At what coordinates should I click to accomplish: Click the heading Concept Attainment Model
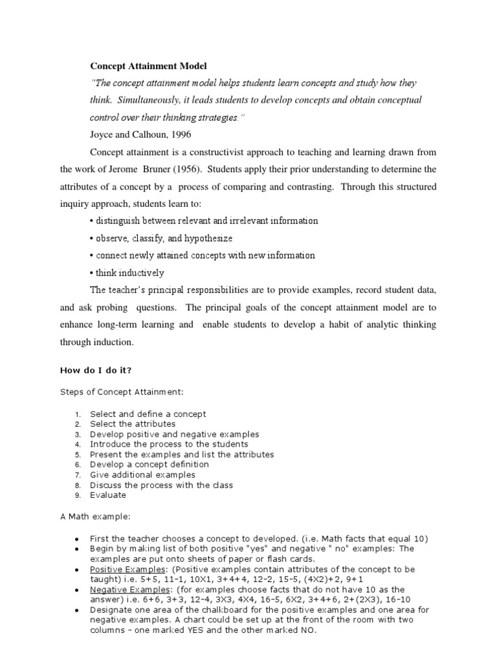(148, 67)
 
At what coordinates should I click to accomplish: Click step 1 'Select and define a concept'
(148, 414)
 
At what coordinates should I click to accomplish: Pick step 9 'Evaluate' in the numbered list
(108, 495)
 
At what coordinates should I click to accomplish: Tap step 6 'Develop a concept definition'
(149, 464)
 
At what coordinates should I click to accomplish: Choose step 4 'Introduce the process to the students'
(169, 444)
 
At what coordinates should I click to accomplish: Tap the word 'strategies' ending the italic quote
(217, 118)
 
